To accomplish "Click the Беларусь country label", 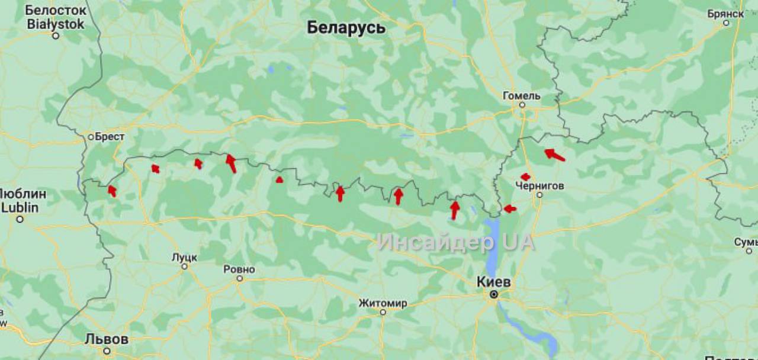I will [x=346, y=28].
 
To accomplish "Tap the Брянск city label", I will [x=725, y=13].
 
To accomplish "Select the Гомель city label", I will [x=521, y=95].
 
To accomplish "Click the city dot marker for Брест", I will [x=91, y=137].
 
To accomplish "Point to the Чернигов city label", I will [x=539, y=186].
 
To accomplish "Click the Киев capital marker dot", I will [x=493, y=294].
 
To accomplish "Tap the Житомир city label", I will [x=383, y=303].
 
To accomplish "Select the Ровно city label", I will [x=239, y=269].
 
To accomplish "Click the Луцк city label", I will [x=184, y=257].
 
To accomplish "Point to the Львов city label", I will [x=107, y=339].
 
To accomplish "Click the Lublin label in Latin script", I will [x=20, y=207].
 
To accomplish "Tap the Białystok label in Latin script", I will [x=56, y=24].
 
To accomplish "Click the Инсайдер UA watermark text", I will [x=455, y=242].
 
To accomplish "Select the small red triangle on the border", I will [x=280, y=179].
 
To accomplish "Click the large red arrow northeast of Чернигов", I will [x=554, y=155].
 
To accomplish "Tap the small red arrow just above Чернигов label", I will [x=525, y=176].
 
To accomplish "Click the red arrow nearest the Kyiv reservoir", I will [x=509, y=208].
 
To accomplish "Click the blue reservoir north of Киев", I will [x=492, y=243].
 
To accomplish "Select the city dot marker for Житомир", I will [x=383, y=312].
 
